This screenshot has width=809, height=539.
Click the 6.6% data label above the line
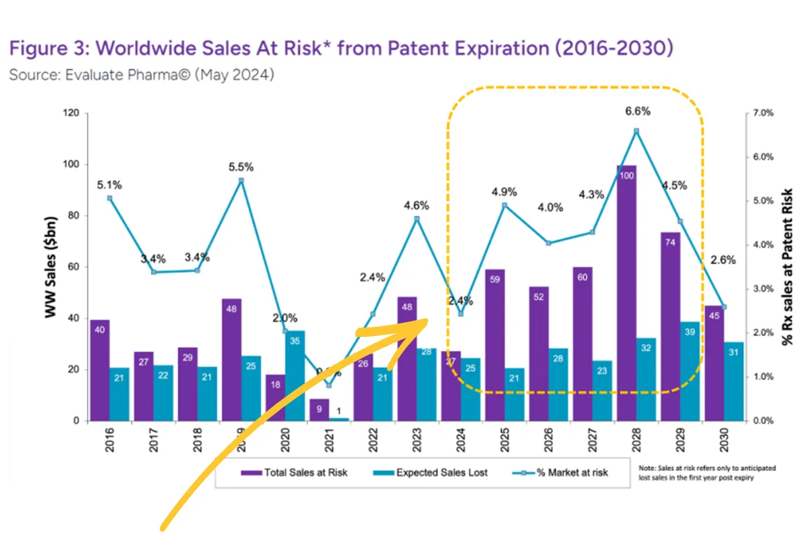click(637, 111)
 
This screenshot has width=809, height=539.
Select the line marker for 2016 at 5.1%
click(110, 198)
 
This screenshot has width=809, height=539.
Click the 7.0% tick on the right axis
click(763, 113)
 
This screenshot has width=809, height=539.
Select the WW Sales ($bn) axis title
click(51, 267)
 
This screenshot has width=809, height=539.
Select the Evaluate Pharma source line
click(142, 75)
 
